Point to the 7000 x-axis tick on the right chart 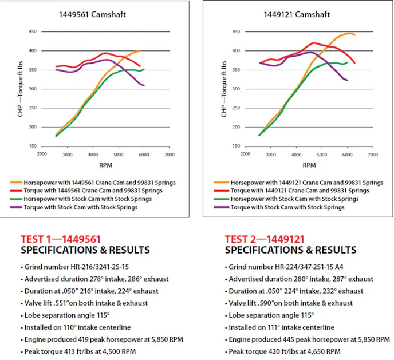[372, 154]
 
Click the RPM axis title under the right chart [309, 165]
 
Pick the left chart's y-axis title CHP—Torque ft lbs [21, 89]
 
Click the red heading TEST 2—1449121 [265, 240]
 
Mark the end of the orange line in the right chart [354, 35]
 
